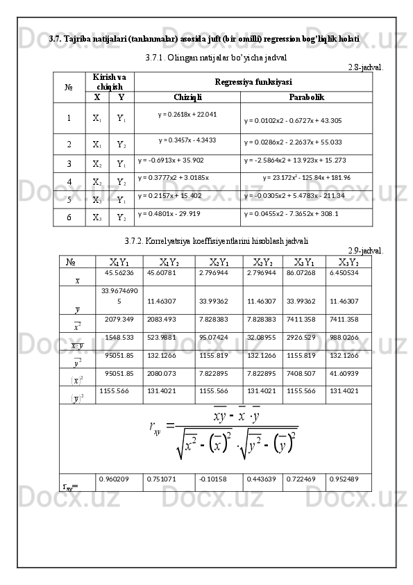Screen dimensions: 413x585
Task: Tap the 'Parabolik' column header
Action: (x=306, y=97)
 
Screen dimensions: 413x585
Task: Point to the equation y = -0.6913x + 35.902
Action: (x=171, y=159)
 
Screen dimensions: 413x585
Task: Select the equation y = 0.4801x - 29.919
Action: (x=169, y=214)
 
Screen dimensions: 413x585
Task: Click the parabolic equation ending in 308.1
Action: (x=291, y=214)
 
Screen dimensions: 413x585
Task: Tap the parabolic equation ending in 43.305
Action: (x=292, y=121)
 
